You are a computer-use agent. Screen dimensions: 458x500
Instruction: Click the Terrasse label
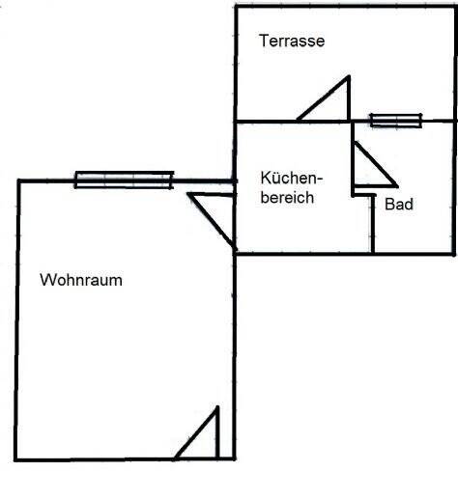(x=292, y=41)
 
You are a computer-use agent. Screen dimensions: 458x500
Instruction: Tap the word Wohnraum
(x=81, y=280)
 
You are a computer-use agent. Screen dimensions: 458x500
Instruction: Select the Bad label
(x=399, y=204)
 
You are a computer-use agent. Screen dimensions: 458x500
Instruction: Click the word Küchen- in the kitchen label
(x=292, y=178)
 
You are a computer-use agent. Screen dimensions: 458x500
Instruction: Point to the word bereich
(x=287, y=197)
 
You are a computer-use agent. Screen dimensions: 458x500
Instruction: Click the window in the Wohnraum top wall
(x=124, y=180)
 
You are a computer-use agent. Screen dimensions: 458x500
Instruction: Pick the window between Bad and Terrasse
(x=396, y=121)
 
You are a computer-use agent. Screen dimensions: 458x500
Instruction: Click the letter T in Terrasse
(x=264, y=41)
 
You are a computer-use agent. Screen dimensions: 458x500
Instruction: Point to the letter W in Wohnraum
(x=47, y=280)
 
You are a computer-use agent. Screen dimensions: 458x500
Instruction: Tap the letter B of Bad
(x=389, y=204)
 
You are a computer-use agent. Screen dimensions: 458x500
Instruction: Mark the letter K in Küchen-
(x=266, y=178)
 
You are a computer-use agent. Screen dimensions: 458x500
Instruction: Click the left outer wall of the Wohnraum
(x=17, y=320)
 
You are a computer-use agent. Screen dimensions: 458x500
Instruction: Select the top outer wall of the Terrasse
(x=345, y=6)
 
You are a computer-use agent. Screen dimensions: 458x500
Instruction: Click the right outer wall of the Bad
(x=454, y=187)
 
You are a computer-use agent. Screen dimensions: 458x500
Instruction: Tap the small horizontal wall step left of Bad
(x=364, y=195)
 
